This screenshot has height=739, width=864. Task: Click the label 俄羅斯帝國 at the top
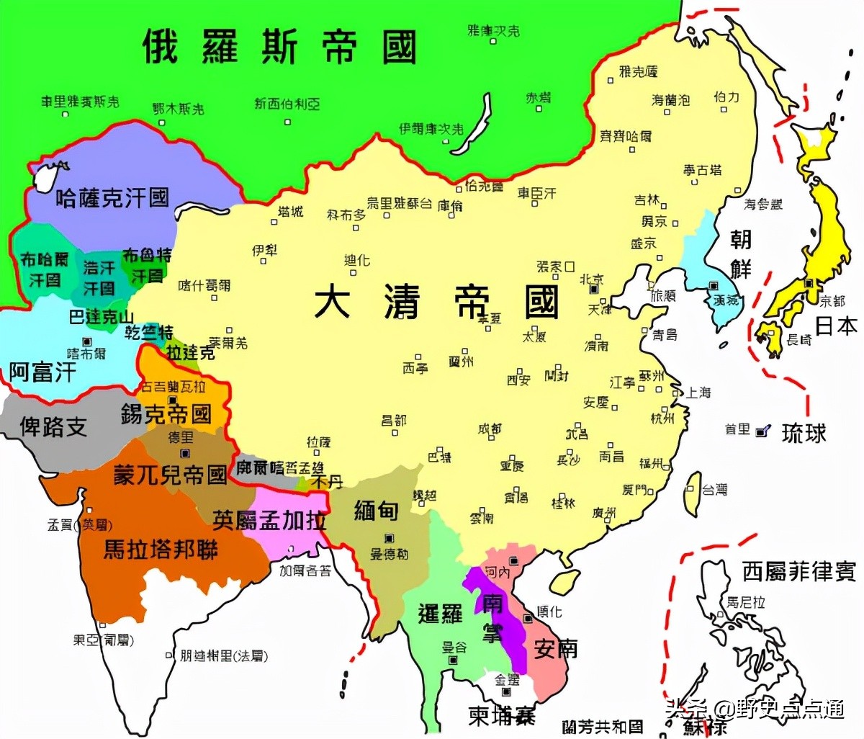coord(279,48)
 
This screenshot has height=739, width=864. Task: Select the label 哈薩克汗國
coord(112,198)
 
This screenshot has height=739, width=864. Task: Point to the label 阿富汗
coord(42,372)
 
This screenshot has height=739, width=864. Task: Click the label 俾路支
coord(53,426)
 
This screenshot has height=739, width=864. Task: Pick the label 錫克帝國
coord(166,413)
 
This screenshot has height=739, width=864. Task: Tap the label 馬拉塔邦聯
coord(161,550)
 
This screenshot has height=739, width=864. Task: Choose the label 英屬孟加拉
coord(269,519)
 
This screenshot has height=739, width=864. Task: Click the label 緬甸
coord(376,511)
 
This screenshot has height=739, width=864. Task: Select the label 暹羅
coord(440,614)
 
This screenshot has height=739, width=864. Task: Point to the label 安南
coord(555,648)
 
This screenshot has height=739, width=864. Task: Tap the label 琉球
coord(804,433)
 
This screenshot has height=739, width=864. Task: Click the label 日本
coord(836,326)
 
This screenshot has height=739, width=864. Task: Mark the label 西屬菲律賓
coord(799,572)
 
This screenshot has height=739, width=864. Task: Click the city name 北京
coord(592,279)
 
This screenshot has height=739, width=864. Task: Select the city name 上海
coord(698,393)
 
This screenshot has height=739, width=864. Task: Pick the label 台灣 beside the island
coord(715,490)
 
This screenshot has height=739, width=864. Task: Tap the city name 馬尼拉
coord(745,602)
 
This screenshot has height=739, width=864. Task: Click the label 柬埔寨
coord(502,716)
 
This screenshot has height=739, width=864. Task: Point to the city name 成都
coord(490,429)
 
